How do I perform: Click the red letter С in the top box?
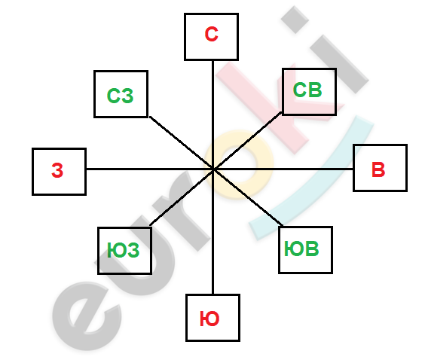pos(212,34)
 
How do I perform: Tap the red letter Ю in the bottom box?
pos(209,319)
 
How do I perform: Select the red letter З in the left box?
pos(57,170)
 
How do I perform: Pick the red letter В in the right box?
pos(378,169)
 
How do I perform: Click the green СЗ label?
pos(121,96)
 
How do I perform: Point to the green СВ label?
pos(307,90)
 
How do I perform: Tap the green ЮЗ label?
pos(124,250)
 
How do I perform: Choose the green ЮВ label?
pos(301,249)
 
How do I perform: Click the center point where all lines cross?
pos(213,169)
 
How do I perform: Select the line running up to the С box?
pos(213,114)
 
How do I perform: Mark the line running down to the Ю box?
pos(213,232)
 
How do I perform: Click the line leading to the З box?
pos(149,169)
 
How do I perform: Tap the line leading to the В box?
pos(283,169)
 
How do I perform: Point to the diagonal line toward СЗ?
pos(182,143)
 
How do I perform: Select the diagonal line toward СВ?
pos(247,140)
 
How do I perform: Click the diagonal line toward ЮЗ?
pos(182,197)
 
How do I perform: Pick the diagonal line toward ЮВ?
pos(248,197)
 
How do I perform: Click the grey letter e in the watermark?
pos(87,316)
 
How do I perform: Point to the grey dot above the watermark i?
pos(295,20)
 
